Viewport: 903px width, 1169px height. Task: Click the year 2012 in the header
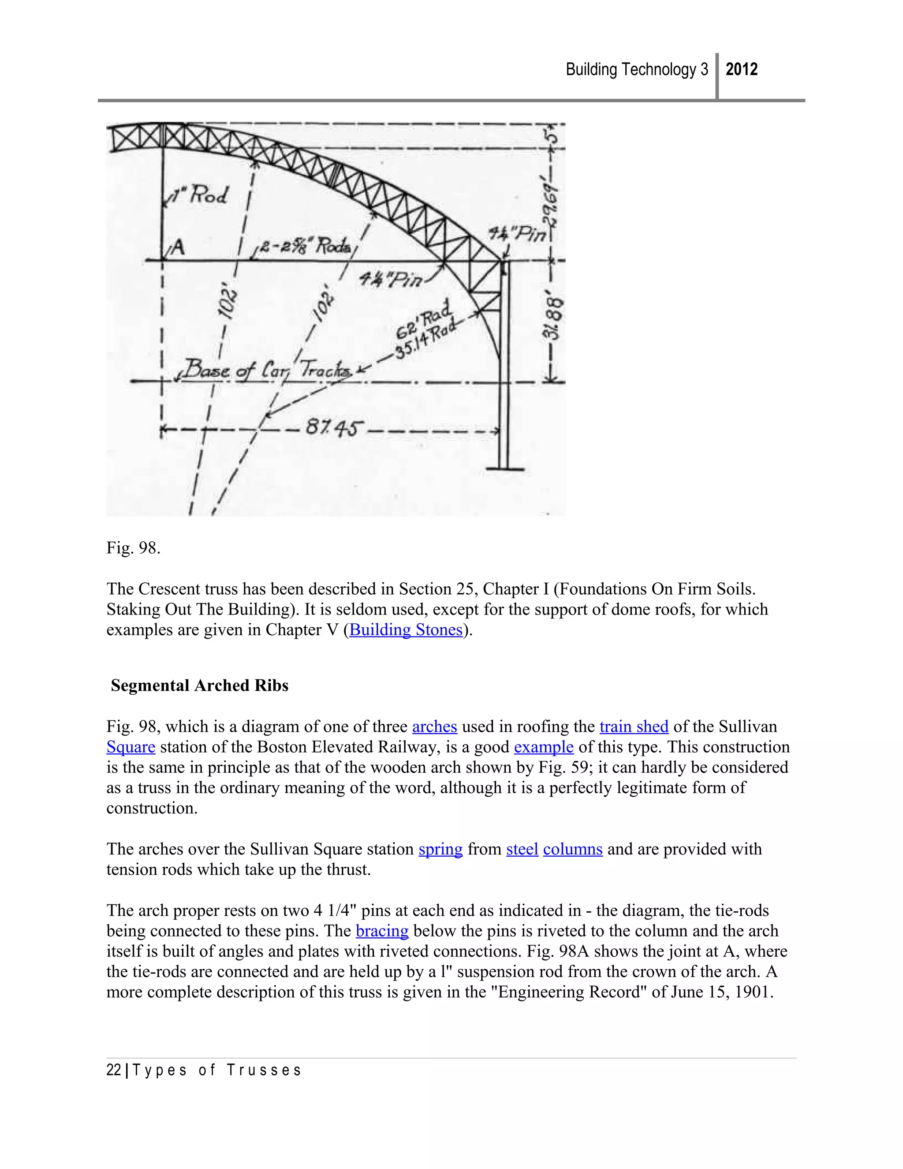[742, 70]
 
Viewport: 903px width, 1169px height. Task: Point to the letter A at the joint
[178, 248]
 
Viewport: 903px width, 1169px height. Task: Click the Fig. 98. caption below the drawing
[133, 548]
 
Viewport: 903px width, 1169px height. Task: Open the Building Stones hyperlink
[406, 629]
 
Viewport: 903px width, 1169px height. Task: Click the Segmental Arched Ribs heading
[200, 686]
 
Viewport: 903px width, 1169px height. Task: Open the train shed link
[634, 727]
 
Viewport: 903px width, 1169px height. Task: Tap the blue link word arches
[434, 727]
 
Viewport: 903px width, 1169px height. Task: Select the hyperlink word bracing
[382, 931]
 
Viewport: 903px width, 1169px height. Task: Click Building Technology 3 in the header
[637, 70]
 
